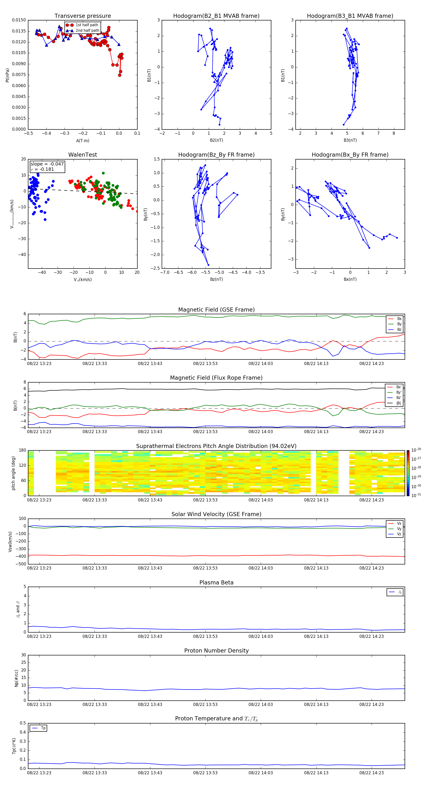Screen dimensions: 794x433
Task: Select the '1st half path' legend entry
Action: click(87, 25)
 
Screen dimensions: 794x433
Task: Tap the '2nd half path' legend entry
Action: click(87, 31)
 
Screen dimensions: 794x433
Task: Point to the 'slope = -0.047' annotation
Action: click(47, 164)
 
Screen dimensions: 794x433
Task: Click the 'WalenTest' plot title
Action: click(83, 155)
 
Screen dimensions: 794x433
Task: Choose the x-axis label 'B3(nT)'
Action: click(350, 140)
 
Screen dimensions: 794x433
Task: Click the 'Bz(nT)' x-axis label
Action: click(216, 279)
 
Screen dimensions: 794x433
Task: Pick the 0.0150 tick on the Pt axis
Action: click(19, 20)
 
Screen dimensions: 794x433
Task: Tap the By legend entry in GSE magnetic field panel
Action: click(399, 324)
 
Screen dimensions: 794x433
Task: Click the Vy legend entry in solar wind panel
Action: click(399, 529)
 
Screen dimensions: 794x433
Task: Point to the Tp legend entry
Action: click(43, 728)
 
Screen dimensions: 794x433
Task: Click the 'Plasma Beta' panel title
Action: click(216, 583)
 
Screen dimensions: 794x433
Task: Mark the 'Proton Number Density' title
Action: click(216, 650)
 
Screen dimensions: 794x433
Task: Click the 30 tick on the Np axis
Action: click(23, 655)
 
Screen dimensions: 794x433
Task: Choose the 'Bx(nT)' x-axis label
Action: click(350, 279)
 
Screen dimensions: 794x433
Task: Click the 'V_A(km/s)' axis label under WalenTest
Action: click(83, 280)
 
